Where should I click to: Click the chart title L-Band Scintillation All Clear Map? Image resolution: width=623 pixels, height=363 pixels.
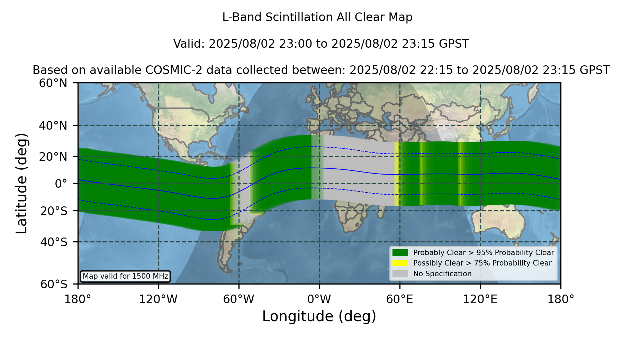[x=317, y=17]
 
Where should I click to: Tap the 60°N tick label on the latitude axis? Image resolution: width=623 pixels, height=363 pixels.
[x=53, y=83]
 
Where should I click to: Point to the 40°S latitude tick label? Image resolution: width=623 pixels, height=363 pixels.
[x=54, y=242]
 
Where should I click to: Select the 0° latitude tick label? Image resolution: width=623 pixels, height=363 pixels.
[x=61, y=184]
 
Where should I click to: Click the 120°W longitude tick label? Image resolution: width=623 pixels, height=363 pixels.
[x=158, y=299]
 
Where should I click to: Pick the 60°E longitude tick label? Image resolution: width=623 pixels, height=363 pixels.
[x=400, y=299]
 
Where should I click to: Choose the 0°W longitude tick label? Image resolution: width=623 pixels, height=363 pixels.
[x=319, y=299]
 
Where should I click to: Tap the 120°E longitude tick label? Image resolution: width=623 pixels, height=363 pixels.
[x=480, y=299]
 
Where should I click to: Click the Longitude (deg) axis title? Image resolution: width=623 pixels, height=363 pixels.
[x=319, y=316]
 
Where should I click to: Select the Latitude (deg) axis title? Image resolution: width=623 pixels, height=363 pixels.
[x=21, y=183]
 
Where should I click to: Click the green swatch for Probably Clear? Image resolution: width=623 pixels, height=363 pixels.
[x=400, y=252]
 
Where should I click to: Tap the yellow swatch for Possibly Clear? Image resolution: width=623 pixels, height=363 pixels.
[x=400, y=263]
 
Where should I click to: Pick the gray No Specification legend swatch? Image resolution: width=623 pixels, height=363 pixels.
[x=400, y=274]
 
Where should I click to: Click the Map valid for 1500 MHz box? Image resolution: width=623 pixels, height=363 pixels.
[x=125, y=276]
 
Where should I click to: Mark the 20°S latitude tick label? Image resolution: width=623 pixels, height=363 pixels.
[x=54, y=211]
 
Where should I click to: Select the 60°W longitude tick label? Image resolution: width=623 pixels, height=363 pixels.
[x=239, y=299]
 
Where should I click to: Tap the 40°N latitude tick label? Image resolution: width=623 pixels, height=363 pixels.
[x=53, y=125]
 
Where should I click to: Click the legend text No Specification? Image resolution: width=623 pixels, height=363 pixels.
[x=442, y=274]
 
